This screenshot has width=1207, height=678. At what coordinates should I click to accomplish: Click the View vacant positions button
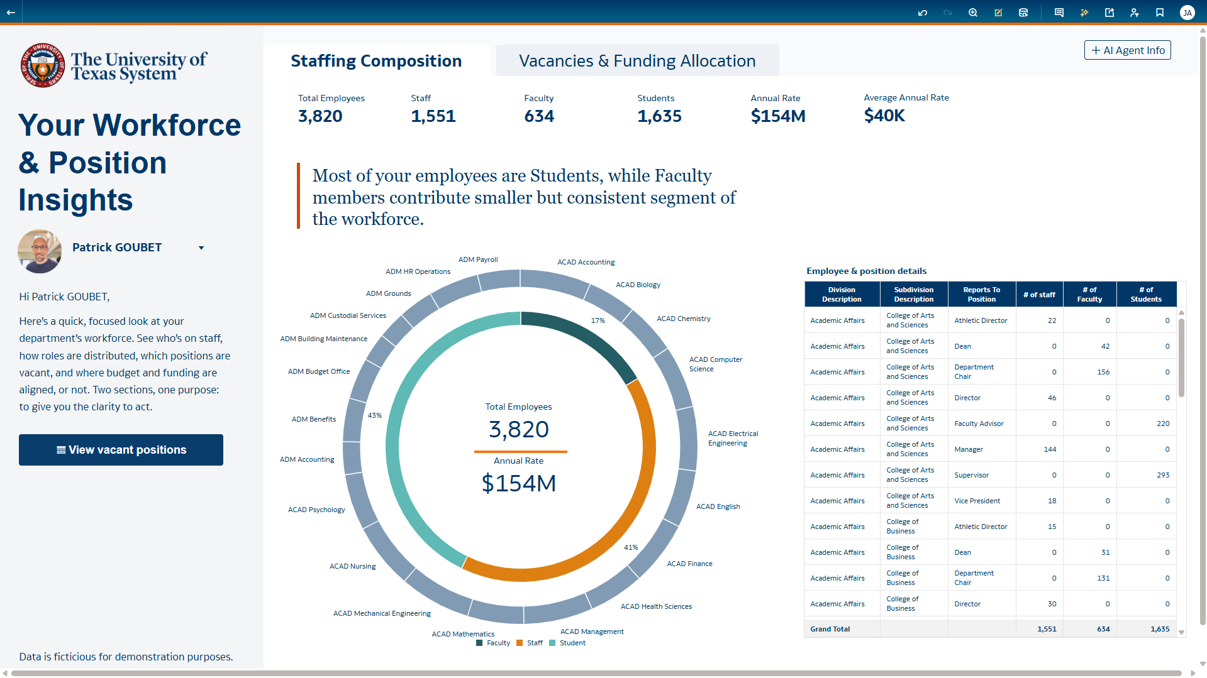(x=121, y=450)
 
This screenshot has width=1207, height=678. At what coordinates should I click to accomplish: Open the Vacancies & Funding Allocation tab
(x=637, y=61)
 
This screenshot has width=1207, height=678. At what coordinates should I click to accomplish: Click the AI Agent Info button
(x=1127, y=50)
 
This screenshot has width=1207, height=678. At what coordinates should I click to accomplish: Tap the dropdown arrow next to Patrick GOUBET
(x=201, y=248)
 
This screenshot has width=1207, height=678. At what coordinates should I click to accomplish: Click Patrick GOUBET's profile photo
(x=40, y=251)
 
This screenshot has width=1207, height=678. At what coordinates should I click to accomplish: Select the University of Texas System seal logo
(x=42, y=65)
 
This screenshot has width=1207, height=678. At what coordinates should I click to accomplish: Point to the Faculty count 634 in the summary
(x=539, y=116)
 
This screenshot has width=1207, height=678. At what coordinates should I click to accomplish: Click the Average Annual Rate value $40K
(x=884, y=116)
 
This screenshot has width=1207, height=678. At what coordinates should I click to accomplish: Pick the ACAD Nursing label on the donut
(x=352, y=566)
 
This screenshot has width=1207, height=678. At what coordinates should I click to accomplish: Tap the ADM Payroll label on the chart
(x=477, y=260)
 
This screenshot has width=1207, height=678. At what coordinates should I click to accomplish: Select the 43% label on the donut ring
(x=374, y=415)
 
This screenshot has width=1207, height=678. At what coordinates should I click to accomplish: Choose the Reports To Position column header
(x=981, y=294)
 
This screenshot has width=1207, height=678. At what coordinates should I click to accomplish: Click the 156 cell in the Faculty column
(x=1103, y=372)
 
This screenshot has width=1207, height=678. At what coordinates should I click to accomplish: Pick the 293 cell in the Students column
(x=1162, y=475)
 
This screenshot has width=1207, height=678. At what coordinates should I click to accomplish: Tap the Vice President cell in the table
(x=977, y=501)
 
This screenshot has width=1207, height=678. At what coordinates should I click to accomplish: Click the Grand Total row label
(x=830, y=629)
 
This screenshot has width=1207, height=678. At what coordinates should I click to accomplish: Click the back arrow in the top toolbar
(x=11, y=12)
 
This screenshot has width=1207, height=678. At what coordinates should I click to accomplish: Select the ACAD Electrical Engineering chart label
(x=733, y=438)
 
